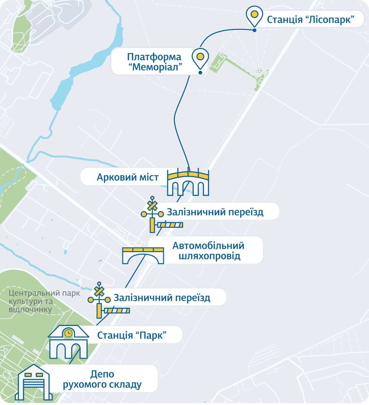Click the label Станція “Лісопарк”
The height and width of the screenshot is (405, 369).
click(310, 20)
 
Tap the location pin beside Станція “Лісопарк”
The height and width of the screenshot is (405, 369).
click(254, 16)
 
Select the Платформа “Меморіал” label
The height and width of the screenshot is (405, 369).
click(154, 62)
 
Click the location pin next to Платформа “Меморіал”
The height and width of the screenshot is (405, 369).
click(200, 57)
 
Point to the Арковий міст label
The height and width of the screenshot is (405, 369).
click(128, 177)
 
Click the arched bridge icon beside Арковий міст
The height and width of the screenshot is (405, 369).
click(188, 183)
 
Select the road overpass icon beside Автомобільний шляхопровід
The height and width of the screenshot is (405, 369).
click(143, 255)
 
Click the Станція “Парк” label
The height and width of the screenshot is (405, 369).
click(132, 335)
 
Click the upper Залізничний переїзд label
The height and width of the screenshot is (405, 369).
click(215, 212)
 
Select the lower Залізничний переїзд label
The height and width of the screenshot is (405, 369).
click(162, 298)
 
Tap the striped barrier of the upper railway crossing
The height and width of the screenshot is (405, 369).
click(170, 225)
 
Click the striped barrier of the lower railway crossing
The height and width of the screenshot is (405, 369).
click(117, 310)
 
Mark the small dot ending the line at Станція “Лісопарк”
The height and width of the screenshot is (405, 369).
click(255, 30)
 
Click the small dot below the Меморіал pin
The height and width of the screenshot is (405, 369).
click(200, 72)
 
